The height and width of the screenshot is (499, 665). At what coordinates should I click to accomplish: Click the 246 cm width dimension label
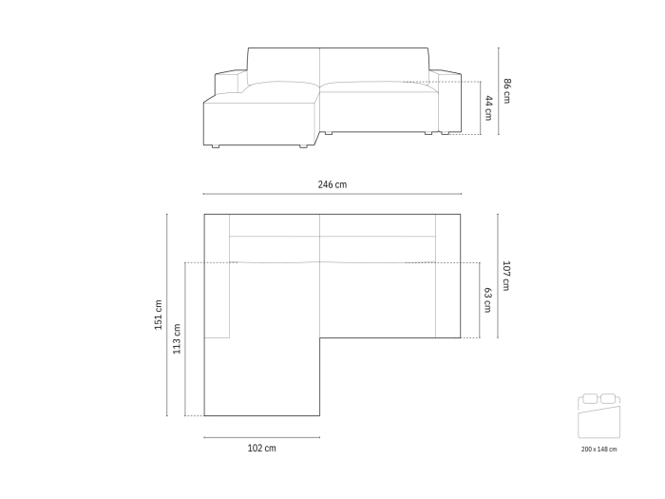(332, 184)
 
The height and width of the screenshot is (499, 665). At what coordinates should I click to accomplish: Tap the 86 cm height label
(507, 91)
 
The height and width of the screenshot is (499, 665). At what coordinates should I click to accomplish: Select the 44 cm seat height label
(488, 107)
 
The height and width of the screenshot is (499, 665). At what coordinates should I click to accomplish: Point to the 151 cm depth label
(158, 315)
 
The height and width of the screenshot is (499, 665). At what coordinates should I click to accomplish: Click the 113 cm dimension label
(177, 338)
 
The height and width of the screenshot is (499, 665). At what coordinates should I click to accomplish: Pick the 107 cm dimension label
(507, 276)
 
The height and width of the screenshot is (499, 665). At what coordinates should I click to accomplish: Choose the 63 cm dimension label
(488, 300)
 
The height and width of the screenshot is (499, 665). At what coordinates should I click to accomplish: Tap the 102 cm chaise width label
(261, 449)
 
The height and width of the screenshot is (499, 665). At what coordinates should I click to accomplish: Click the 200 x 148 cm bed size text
(598, 449)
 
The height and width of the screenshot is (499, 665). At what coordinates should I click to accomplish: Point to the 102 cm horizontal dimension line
(261, 437)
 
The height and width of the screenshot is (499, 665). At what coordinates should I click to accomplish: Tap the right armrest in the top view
(447, 276)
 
